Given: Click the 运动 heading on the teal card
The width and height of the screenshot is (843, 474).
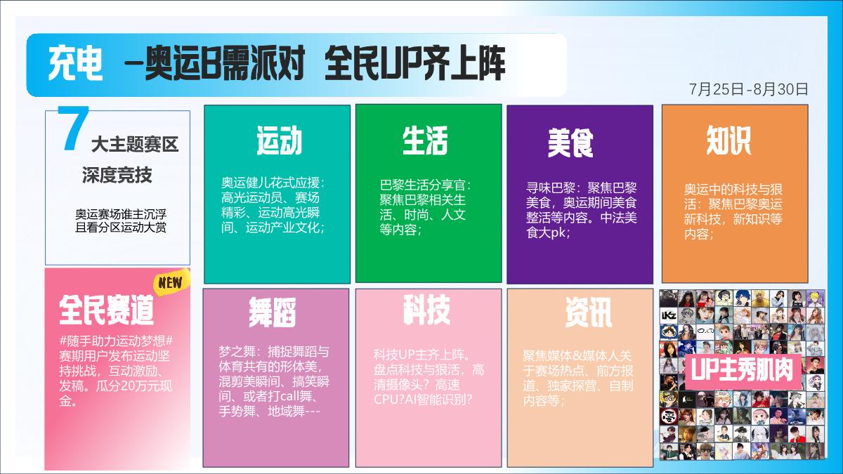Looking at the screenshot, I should pos(279,140).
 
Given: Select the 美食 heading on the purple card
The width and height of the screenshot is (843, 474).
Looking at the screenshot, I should pos(570,143).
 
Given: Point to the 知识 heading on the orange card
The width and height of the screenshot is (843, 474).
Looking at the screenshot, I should pos(728,140).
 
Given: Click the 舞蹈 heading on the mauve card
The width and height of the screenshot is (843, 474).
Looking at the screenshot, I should pos(272,312).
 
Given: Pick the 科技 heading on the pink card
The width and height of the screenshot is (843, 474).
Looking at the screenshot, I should pos(426,310).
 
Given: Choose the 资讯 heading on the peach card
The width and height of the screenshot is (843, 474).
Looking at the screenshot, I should pos(588,311).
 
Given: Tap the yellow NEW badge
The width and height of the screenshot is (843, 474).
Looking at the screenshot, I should pos(171,283).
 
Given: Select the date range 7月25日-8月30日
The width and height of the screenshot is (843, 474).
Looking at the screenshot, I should pos(749,89).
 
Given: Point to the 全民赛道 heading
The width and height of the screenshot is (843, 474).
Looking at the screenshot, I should pos(106,309).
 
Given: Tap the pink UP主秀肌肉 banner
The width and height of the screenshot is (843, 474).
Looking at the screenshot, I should pos(744,370).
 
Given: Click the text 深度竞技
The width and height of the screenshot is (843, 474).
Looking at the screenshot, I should pos(117,175).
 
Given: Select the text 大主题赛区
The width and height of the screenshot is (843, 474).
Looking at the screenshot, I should pos(135,145).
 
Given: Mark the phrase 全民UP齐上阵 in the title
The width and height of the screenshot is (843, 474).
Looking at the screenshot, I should pos(415,65).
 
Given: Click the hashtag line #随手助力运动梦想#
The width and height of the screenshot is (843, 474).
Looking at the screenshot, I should pos(116,341).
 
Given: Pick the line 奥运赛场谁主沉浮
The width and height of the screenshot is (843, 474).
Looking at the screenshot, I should pos(121,213).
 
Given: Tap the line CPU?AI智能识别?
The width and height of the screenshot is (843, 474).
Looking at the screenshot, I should pos(423,399).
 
